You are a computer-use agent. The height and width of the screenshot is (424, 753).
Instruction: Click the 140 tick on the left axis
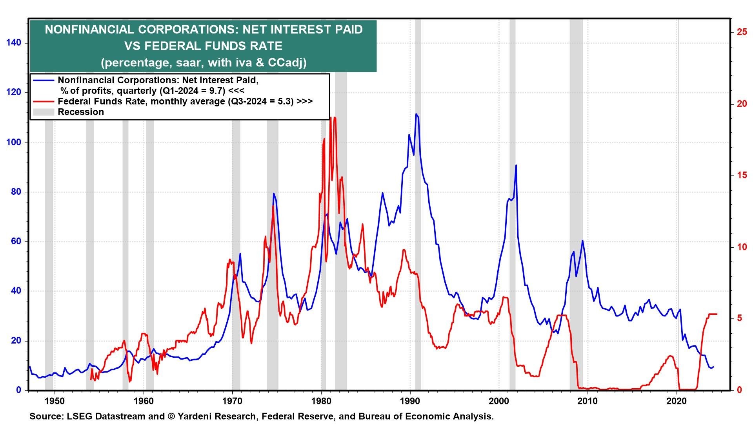(x=14, y=43)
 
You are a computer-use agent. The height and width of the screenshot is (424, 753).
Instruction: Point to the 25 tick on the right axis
(x=742, y=32)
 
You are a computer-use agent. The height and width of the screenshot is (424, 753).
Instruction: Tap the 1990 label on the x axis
(x=410, y=401)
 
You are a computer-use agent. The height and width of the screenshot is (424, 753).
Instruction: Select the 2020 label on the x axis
(x=677, y=401)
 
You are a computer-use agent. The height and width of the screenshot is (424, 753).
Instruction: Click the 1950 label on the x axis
(x=55, y=401)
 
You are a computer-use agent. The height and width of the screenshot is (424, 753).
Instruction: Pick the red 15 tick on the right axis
(x=742, y=175)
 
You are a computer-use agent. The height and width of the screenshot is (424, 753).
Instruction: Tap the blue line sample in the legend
(x=44, y=80)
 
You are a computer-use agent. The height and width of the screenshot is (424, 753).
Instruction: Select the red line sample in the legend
(x=44, y=101)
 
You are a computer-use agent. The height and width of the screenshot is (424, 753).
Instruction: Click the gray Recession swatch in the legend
(x=44, y=112)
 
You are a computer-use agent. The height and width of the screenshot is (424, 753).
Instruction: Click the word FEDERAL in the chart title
(x=172, y=46)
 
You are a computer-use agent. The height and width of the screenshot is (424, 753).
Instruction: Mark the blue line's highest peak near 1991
(x=416, y=114)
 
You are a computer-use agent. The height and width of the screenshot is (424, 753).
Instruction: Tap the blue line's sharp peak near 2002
(x=516, y=165)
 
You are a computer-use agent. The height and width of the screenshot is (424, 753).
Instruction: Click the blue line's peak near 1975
(x=273, y=193)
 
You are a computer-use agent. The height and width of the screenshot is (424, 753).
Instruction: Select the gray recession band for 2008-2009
(x=576, y=196)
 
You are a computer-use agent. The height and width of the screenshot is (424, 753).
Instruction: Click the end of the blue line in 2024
(x=713, y=367)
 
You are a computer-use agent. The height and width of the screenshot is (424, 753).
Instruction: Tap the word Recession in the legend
(x=81, y=112)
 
